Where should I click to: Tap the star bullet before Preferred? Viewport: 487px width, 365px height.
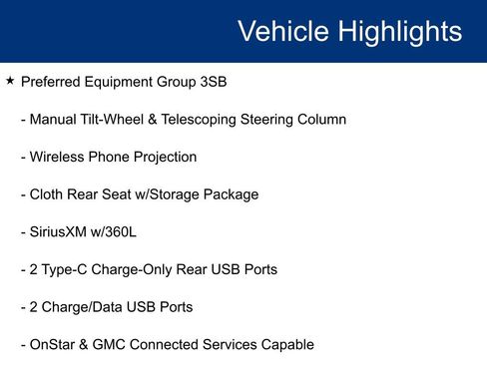(9, 81)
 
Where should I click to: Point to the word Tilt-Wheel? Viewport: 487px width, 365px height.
(116, 120)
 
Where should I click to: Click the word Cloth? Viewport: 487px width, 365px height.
(47, 194)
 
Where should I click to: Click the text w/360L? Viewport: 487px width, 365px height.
(119, 232)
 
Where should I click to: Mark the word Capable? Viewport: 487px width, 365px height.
(287, 345)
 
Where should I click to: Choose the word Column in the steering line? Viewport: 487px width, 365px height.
(319, 120)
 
